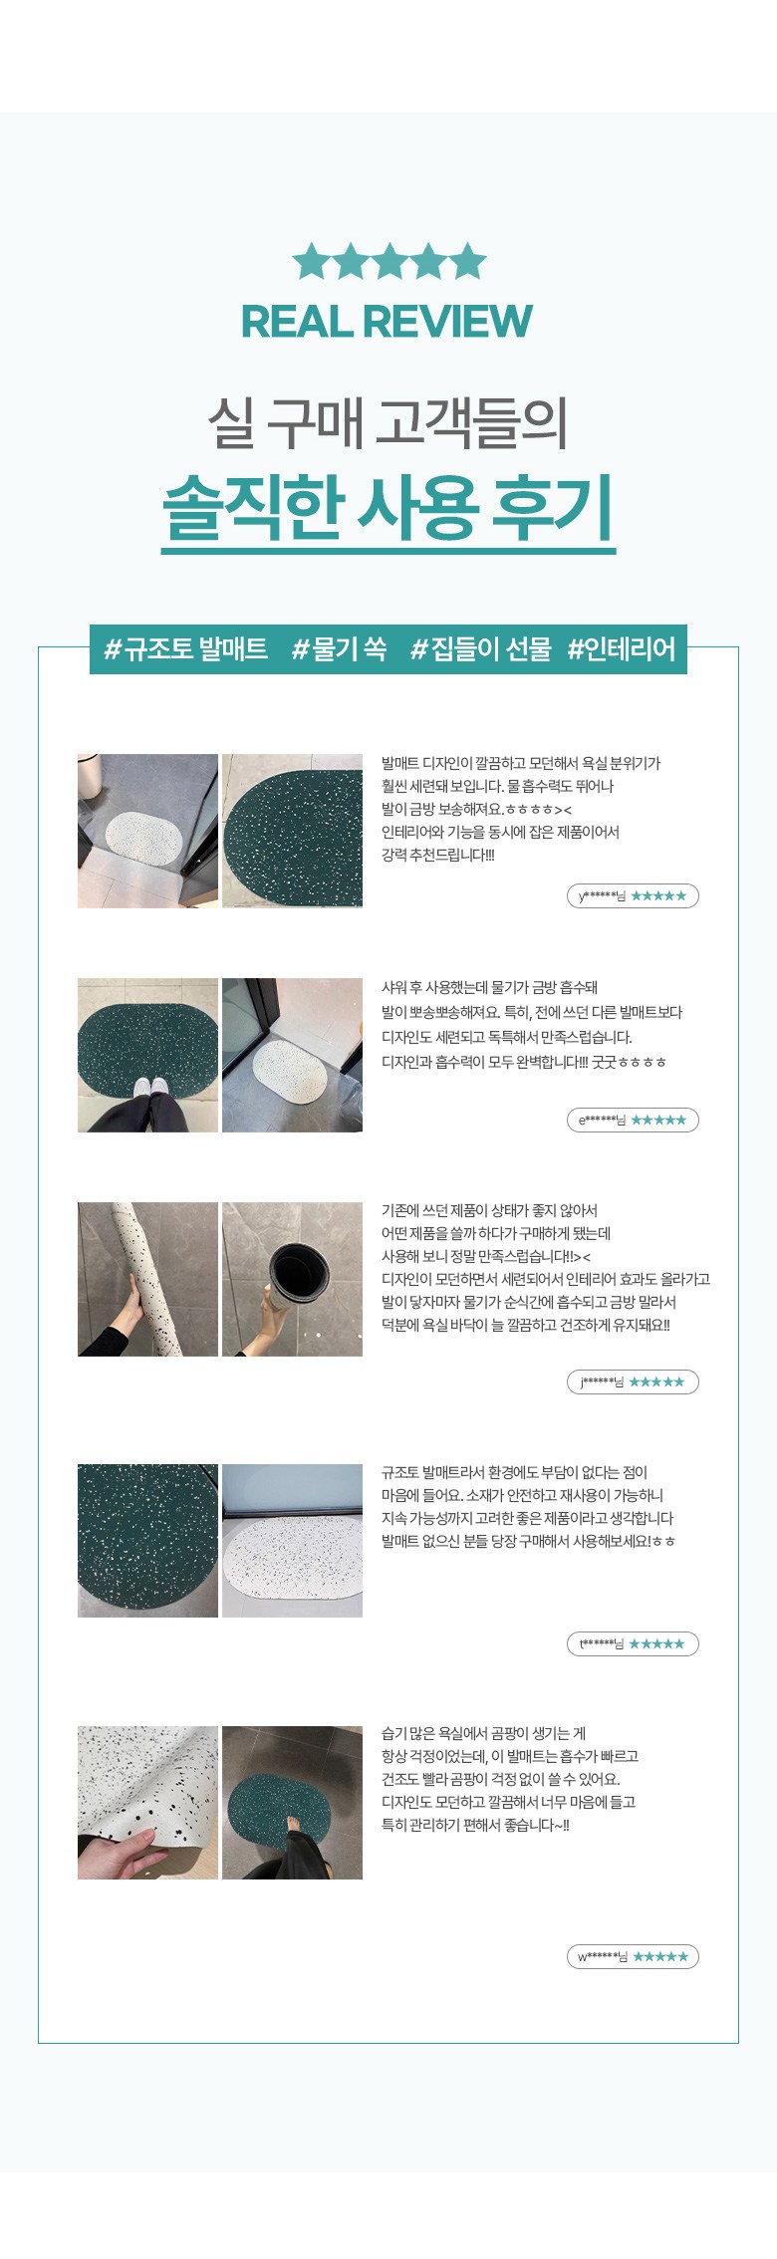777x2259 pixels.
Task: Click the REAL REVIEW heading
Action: coord(387,321)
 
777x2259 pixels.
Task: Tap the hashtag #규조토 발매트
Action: coord(186,649)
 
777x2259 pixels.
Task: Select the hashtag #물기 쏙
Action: coord(339,649)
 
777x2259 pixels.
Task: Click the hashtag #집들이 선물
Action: coord(481,649)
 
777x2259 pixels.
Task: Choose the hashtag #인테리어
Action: coord(622,649)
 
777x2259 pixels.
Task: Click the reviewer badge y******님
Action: coord(633,895)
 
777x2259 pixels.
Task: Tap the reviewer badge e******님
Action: coord(633,1120)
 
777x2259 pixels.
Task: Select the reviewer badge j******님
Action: coord(633,1381)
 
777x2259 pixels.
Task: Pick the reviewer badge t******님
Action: coord(633,1643)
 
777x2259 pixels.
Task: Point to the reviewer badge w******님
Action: coord(633,1956)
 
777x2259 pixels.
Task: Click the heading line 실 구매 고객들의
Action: coord(388,422)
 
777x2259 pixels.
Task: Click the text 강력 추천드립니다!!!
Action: coord(438,855)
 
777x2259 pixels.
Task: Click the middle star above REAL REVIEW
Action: coord(388,262)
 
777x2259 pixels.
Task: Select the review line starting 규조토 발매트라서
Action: coord(514,1472)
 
